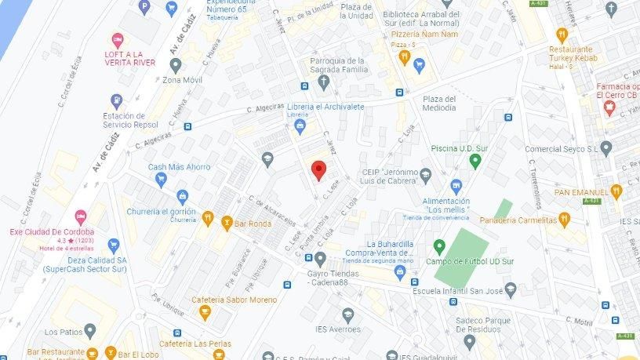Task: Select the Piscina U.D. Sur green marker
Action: (x=475, y=161)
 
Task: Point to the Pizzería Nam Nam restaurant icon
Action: (x=404, y=56)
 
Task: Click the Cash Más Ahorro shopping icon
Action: (x=161, y=179)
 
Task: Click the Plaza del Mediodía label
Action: (x=439, y=104)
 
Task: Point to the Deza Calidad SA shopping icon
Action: (x=113, y=245)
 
